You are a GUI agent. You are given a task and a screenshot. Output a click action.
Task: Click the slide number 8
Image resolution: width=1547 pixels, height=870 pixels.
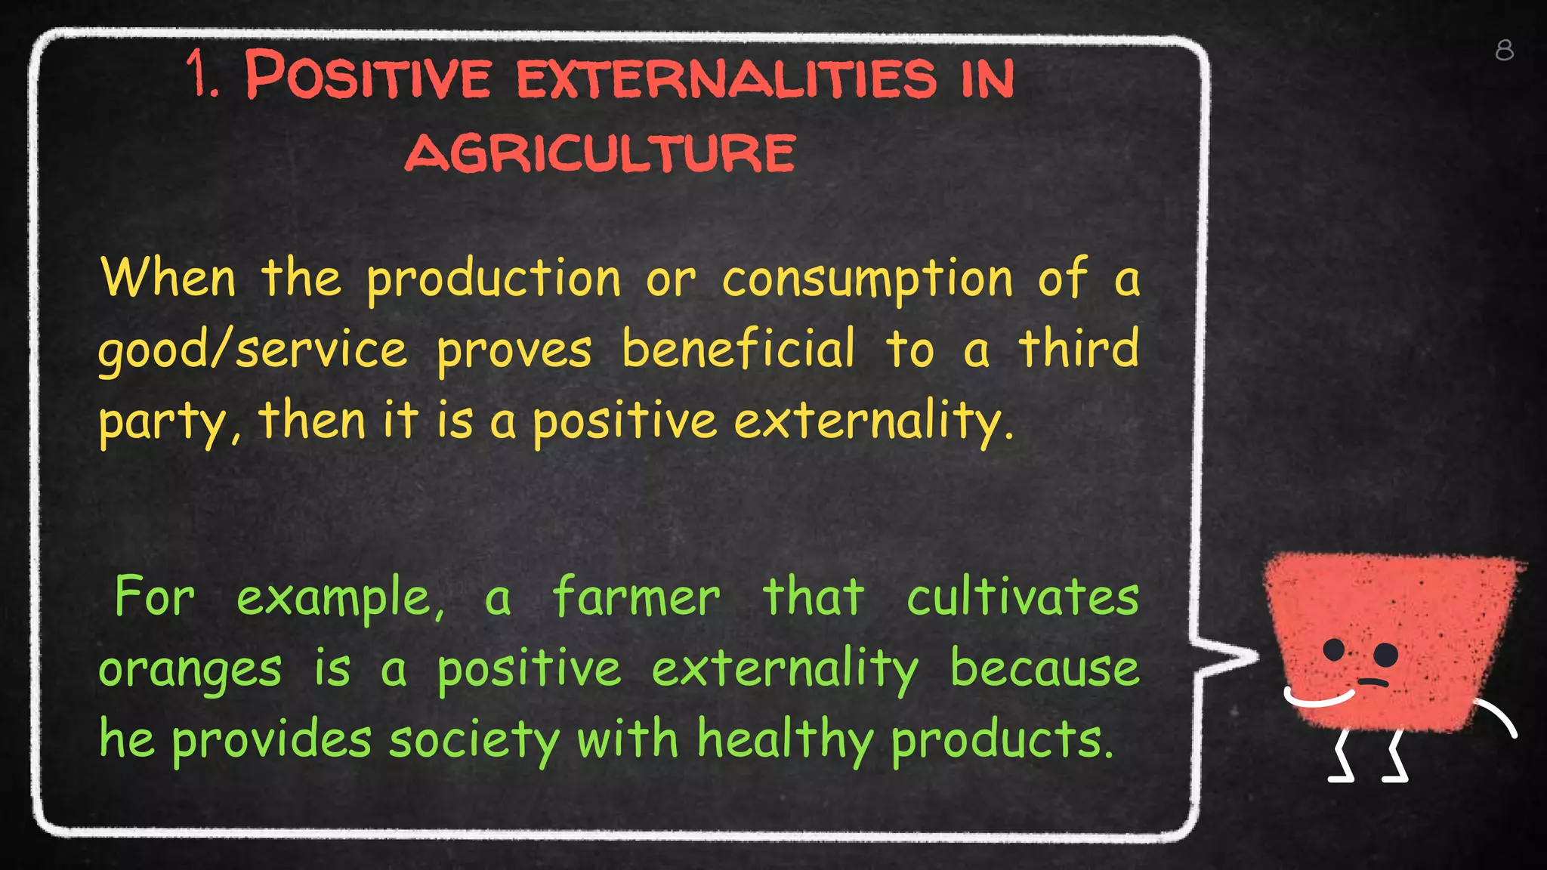1504,51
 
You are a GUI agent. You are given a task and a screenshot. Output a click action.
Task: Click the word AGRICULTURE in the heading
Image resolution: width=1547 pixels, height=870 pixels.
601,153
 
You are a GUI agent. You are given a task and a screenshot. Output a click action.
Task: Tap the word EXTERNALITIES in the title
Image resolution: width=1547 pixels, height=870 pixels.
726,78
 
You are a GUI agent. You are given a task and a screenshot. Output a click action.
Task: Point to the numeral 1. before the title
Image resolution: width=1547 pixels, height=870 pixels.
202,76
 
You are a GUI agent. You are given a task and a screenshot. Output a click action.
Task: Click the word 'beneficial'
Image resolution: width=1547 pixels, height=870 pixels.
738,350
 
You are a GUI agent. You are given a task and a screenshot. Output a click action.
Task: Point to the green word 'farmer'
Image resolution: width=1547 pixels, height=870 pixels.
636,597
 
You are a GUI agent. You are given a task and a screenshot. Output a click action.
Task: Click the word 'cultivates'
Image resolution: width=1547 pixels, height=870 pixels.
1022,597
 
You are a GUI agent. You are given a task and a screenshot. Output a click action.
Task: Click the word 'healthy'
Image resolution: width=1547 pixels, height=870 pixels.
784,740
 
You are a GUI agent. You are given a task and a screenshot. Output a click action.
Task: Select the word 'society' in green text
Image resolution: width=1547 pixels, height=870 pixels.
474,740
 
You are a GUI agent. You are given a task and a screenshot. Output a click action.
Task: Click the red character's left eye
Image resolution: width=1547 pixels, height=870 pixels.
1335,649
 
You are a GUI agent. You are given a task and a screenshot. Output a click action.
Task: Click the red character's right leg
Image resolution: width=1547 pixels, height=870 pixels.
1394,757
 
